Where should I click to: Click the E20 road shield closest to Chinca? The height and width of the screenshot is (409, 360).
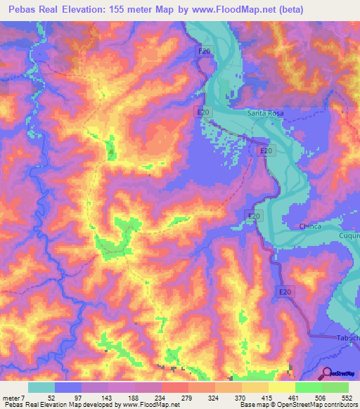pos(254,216)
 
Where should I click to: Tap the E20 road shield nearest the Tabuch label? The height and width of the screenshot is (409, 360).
pos(284,292)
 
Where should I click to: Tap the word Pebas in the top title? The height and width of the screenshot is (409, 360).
pos(20,8)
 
